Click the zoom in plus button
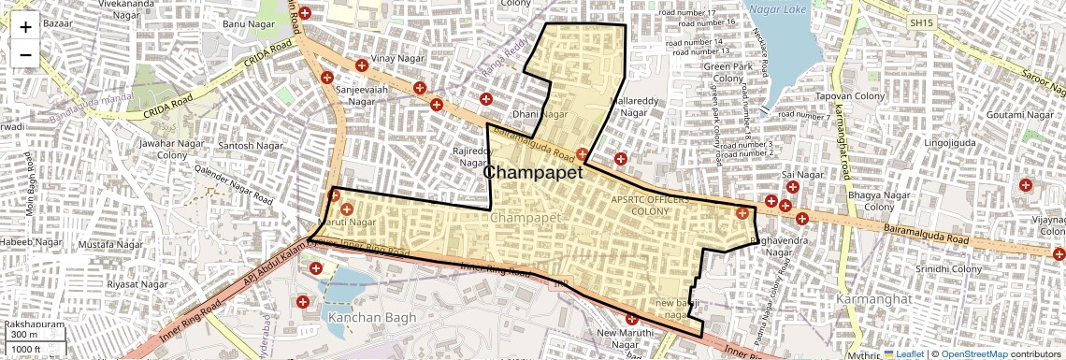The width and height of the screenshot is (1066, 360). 25,26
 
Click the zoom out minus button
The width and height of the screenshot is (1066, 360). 25,54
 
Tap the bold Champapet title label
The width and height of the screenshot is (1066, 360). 533,173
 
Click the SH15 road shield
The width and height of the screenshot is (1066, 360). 921,22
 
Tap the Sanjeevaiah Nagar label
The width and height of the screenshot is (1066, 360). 361,95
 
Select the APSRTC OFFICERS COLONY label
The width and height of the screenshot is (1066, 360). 651,205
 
